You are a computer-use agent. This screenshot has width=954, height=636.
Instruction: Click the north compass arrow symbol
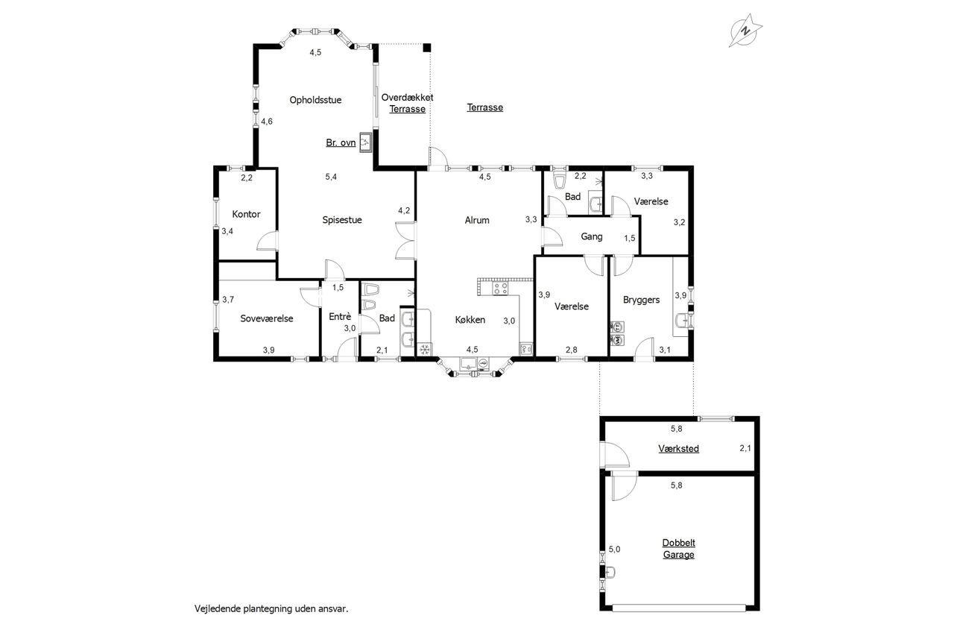[x=745, y=31]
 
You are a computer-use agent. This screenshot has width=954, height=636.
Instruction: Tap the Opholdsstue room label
[x=315, y=100]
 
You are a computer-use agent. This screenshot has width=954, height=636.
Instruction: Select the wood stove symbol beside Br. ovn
[x=365, y=142]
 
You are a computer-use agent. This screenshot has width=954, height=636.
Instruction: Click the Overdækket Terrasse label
[x=408, y=103]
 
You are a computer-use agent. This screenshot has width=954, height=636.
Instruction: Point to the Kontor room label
[x=246, y=214]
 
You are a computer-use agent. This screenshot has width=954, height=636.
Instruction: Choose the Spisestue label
[x=342, y=220]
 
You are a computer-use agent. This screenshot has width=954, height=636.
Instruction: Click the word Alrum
[x=477, y=220]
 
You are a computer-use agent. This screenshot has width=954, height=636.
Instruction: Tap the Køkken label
[x=470, y=319]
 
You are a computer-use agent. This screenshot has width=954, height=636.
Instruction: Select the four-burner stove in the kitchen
[x=500, y=289]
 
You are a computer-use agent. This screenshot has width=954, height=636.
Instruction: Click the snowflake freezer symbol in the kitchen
[x=425, y=350]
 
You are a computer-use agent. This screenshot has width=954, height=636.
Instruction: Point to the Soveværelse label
[x=267, y=318]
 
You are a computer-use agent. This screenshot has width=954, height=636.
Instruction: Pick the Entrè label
[x=340, y=317]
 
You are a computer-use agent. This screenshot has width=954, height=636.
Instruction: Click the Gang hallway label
[x=592, y=236]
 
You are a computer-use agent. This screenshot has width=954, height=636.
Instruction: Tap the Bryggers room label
[x=642, y=300]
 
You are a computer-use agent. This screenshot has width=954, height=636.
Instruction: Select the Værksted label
[x=678, y=449]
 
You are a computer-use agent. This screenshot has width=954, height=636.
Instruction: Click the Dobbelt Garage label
[x=679, y=549]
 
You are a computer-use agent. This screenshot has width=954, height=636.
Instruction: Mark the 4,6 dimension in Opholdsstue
[x=267, y=122]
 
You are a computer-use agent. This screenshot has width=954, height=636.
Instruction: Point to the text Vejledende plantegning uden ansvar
[x=271, y=608]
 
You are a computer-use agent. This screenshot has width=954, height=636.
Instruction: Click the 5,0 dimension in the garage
[x=615, y=550]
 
